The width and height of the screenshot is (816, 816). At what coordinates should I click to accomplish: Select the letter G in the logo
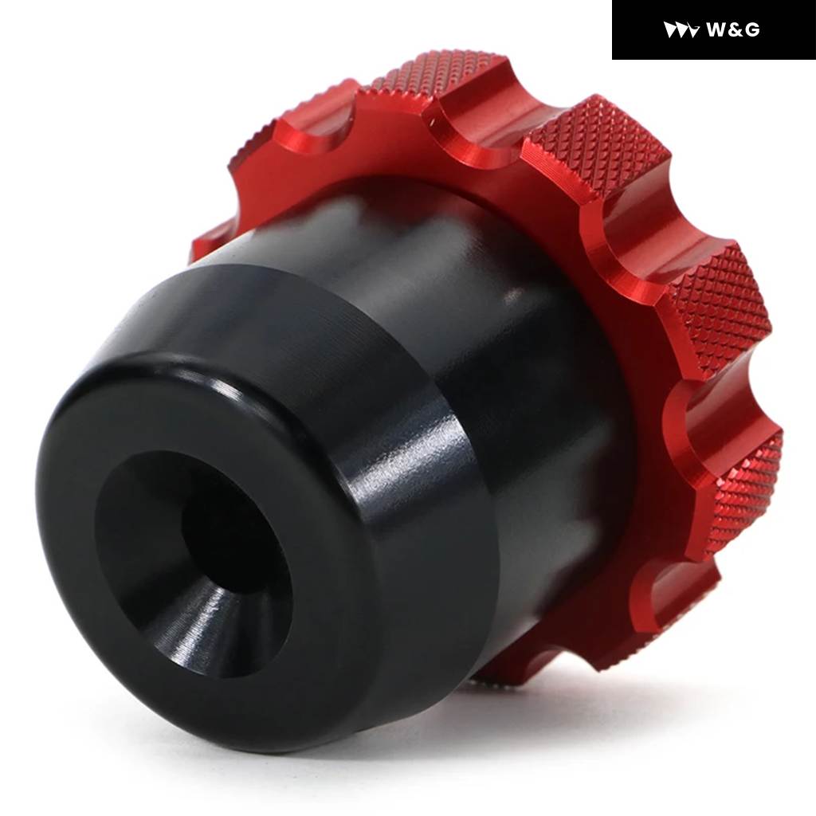coord(752,30)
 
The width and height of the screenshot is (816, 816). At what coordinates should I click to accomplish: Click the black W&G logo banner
coord(713,29)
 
